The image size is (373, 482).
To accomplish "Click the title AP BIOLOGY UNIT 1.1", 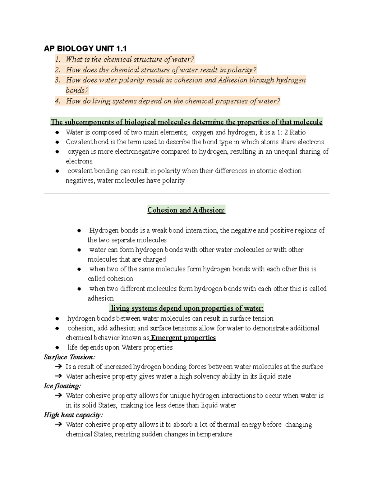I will [85, 48].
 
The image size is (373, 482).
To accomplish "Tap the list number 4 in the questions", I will [58, 101].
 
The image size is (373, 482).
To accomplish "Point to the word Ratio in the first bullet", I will [297, 132].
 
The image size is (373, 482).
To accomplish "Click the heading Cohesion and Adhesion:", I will [186, 210].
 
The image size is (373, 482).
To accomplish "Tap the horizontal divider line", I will [186, 194].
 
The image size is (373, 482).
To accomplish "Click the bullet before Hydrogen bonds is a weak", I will [79, 231].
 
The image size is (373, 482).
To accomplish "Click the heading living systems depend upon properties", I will [186, 308].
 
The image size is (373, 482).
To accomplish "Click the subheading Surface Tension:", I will [70, 357].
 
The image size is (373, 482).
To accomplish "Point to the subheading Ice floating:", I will [62, 386].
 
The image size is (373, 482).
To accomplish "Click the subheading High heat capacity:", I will [73, 415].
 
